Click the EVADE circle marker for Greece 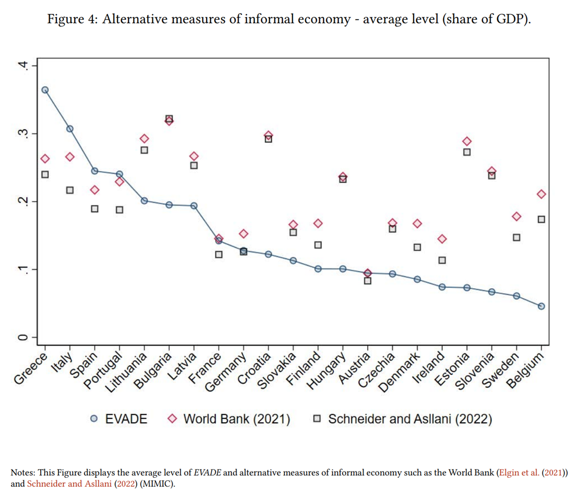click(x=45, y=90)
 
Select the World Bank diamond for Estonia click(x=467, y=141)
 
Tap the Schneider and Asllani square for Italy click(x=70, y=190)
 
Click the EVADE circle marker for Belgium click(x=541, y=306)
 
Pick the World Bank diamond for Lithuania click(x=144, y=139)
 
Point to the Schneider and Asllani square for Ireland click(x=442, y=260)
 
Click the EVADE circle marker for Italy click(x=70, y=129)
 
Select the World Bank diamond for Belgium click(x=541, y=194)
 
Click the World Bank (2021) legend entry click(x=229, y=419)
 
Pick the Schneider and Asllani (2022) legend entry click(x=404, y=419)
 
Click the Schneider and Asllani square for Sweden click(x=517, y=237)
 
